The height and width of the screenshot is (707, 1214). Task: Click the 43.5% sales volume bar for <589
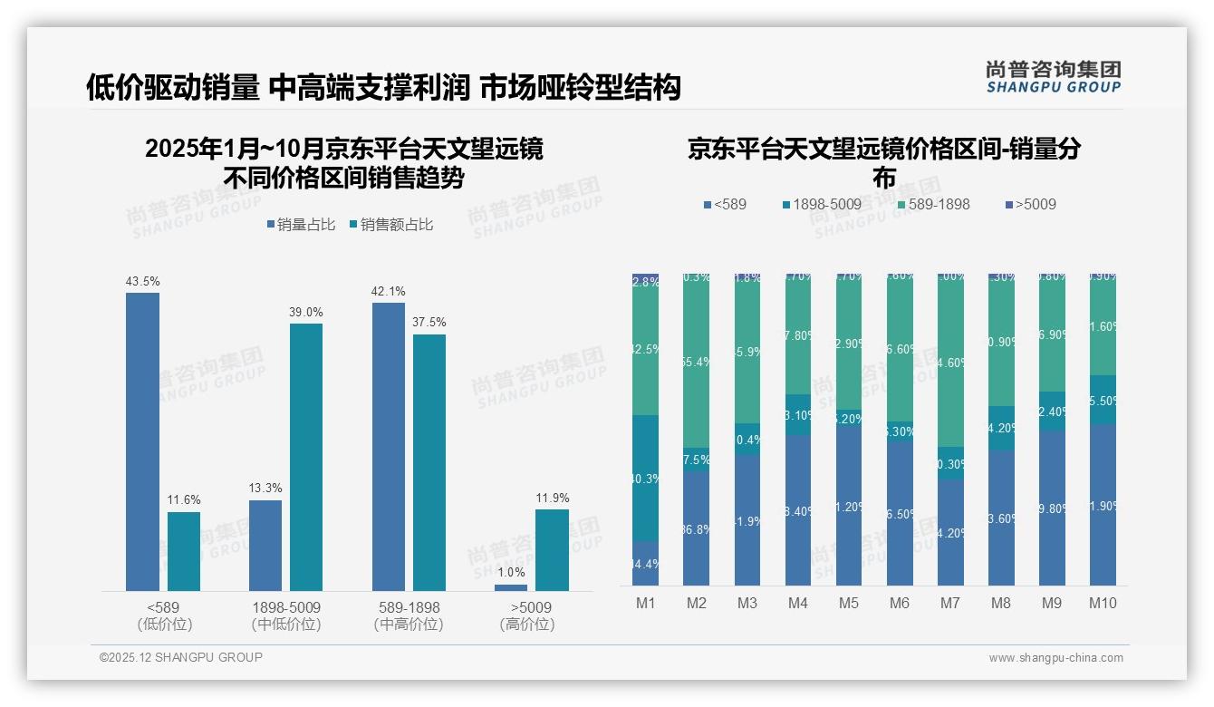(x=142, y=441)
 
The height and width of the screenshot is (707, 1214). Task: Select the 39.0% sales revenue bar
(x=306, y=457)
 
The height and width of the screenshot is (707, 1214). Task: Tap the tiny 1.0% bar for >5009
(x=511, y=587)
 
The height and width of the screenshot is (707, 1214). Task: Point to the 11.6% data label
(x=184, y=499)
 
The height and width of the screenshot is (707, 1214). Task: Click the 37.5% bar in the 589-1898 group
(x=429, y=462)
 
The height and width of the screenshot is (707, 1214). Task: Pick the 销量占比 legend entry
(x=300, y=225)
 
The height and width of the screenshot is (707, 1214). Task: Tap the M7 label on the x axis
(x=950, y=603)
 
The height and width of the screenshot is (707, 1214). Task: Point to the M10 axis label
(x=1103, y=603)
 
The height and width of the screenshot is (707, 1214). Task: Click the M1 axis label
(x=646, y=603)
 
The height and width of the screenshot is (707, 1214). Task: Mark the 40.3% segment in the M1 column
(x=646, y=479)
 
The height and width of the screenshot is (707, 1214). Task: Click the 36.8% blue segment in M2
(x=697, y=528)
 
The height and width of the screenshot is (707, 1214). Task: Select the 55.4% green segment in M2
(x=697, y=362)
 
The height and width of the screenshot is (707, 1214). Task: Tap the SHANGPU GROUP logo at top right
(x=1054, y=77)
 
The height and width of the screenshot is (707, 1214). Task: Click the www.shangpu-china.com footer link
(x=1055, y=658)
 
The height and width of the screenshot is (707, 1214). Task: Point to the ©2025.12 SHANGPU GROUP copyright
(x=181, y=657)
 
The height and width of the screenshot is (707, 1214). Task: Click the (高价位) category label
(x=526, y=625)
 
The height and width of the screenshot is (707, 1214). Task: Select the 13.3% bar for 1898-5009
(x=265, y=546)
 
